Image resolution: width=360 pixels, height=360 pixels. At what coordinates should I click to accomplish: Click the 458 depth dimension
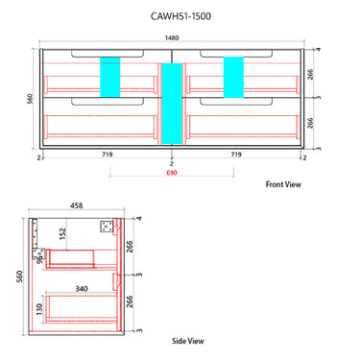coord(76,204)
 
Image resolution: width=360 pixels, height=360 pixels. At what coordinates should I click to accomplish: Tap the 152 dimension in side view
coord(60,232)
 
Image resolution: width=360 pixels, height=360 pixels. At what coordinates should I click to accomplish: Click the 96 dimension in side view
coord(38,256)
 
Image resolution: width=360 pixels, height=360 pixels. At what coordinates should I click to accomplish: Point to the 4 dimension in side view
coord(139,219)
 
